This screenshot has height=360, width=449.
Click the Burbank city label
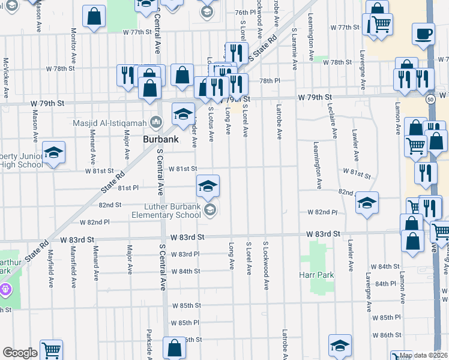[x=160, y=139]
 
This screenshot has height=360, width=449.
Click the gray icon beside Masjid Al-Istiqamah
[x=157, y=122]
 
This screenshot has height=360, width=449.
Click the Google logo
[x=20, y=352]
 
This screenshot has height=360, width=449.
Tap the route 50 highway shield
[x=431, y=100]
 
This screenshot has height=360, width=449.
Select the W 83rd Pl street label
[x=185, y=254]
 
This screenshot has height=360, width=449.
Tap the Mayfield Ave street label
[x=52, y=267]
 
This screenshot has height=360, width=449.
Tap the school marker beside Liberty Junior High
[x=53, y=154]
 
